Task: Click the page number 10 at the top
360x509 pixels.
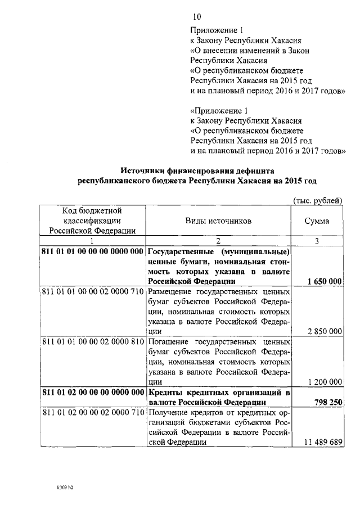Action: click(x=196, y=17)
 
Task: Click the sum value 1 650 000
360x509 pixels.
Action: click(x=322, y=281)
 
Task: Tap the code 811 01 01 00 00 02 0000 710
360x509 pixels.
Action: click(x=93, y=292)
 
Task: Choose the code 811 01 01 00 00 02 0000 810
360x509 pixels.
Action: click(x=93, y=343)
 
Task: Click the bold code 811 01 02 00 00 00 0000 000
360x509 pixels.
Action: click(x=93, y=393)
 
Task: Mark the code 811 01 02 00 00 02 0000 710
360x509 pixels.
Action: click(x=93, y=413)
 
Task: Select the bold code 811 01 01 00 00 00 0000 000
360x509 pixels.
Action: click(x=93, y=251)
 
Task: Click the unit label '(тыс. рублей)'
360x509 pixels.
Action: click(x=318, y=200)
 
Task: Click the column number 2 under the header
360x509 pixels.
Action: click(x=219, y=241)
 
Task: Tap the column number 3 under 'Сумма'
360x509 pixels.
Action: click(x=317, y=241)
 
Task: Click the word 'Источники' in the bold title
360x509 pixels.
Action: click(x=144, y=170)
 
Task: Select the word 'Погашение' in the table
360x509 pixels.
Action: click(x=169, y=343)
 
